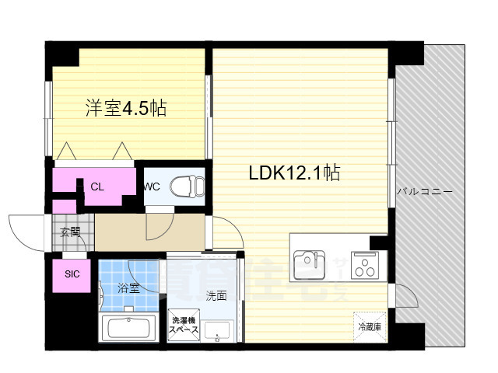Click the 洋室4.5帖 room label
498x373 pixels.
[x=125, y=108]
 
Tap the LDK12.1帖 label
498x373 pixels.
[x=293, y=173]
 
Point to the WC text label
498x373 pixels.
[x=151, y=186]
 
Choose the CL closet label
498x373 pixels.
[x=97, y=186]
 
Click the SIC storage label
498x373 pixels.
[x=72, y=274]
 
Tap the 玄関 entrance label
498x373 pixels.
[x=70, y=231]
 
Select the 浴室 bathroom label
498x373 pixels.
[x=128, y=288]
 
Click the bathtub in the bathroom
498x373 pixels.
[x=131, y=327]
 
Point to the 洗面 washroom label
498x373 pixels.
[x=216, y=295]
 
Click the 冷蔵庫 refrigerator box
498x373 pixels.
[x=369, y=326]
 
